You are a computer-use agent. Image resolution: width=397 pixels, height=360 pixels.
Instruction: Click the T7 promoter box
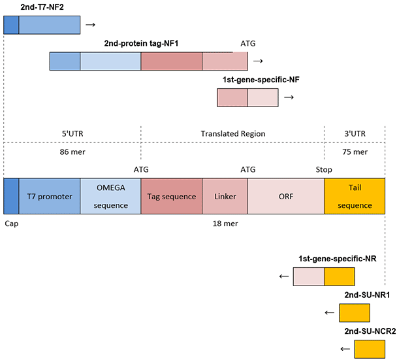click(x=50, y=196)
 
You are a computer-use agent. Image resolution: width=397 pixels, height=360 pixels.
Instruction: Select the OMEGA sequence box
click(x=110, y=196)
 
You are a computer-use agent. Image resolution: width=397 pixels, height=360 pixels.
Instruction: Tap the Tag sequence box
click(x=171, y=196)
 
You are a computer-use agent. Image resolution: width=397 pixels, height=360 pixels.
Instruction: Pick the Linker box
click(x=225, y=196)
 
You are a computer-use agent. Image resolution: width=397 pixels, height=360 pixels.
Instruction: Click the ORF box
click(x=285, y=196)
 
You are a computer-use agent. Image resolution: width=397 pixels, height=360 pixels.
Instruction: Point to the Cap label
click(x=11, y=222)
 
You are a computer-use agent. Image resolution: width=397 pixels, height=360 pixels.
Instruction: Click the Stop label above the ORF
click(x=324, y=169)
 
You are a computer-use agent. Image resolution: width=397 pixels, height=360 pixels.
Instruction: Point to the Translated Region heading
click(x=233, y=133)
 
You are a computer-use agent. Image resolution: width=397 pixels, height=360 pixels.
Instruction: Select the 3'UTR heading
click(x=355, y=133)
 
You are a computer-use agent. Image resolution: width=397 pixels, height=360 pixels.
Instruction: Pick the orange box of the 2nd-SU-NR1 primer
click(x=355, y=313)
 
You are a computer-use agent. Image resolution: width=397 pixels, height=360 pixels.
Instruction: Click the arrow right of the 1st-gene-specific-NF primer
click(x=288, y=97)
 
